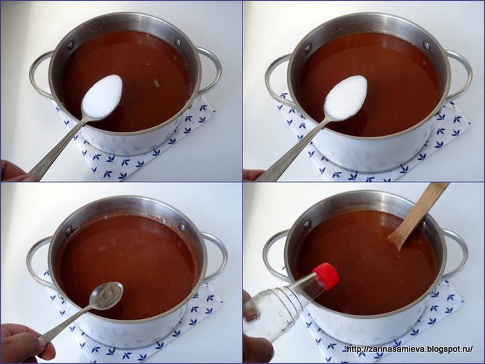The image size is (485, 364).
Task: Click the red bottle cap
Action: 326,277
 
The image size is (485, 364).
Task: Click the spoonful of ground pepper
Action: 108,295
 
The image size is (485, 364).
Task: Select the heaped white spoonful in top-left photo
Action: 102,96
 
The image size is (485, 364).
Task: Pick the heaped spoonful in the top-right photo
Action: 345,98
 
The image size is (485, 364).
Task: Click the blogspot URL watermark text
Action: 409,349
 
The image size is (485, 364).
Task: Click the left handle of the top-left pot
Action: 37,78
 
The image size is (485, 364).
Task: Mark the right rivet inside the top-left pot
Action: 177,42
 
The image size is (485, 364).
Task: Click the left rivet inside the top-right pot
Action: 308,49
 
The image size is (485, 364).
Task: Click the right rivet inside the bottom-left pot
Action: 182,227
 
